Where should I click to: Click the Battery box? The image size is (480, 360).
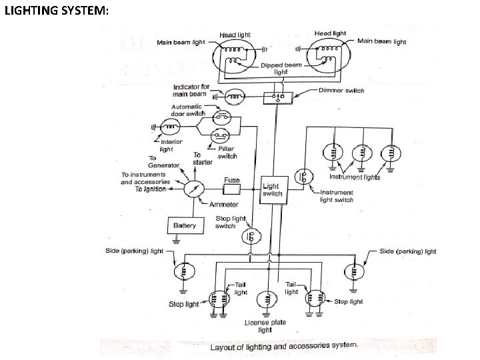(x=185, y=225)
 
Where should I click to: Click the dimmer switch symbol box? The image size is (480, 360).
(x=275, y=97)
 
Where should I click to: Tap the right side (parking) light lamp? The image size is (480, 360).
(x=354, y=272)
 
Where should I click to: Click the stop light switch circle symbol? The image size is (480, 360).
(x=253, y=235)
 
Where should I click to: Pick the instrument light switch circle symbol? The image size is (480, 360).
(x=305, y=176)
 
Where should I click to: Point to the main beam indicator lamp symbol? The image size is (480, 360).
(x=234, y=97)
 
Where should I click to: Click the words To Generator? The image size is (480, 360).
(x=164, y=161)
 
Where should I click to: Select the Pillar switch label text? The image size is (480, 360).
(x=227, y=153)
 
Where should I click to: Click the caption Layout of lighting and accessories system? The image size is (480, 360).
(x=284, y=345)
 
